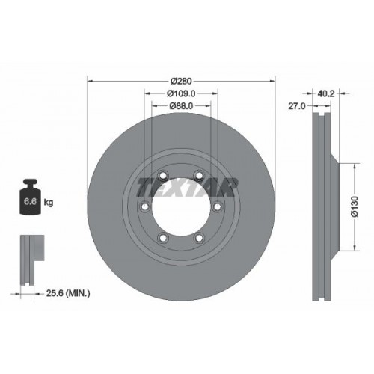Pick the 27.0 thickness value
click(295, 107)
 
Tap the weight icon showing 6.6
click(31, 200)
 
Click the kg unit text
click(49, 203)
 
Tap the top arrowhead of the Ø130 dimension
click(352, 163)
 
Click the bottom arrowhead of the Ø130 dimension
click(352, 252)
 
